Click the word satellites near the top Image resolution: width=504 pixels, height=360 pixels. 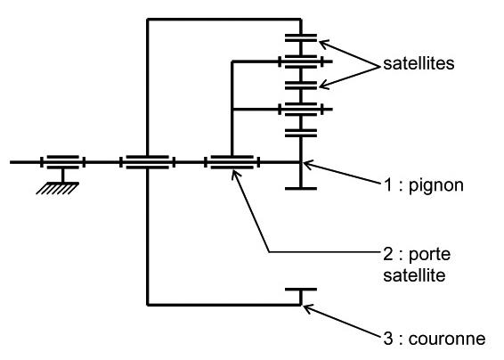point(419,63)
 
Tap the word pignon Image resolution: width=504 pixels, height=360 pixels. point(435,186)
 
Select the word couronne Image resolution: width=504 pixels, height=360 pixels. point(447,340)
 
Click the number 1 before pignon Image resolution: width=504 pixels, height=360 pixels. point(388,185)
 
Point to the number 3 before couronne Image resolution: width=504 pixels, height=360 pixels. point(388,339)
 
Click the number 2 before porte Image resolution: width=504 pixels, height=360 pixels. point(388,254)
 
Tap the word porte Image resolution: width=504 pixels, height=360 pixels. point(429,255)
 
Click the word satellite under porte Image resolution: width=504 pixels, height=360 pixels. point(414,275)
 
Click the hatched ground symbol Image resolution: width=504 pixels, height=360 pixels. point(58,188)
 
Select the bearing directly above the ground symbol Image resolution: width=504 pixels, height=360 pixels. point(62,162)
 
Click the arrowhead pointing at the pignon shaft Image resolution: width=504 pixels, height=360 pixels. point(308,165)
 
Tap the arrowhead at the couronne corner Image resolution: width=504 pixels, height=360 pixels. point(308,309)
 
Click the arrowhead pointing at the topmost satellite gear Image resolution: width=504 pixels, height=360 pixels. point(324,45)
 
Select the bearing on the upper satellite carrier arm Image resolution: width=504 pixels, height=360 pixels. point(301,61)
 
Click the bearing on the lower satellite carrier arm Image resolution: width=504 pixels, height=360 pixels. point(301,110)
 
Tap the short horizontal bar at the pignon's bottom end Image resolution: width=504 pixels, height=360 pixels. point(301,189)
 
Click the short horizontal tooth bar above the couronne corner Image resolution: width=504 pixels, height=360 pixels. point(301,290)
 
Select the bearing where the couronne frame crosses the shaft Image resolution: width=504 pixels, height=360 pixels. point(148,162)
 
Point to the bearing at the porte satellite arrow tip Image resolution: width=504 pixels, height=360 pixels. point(232,162)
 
